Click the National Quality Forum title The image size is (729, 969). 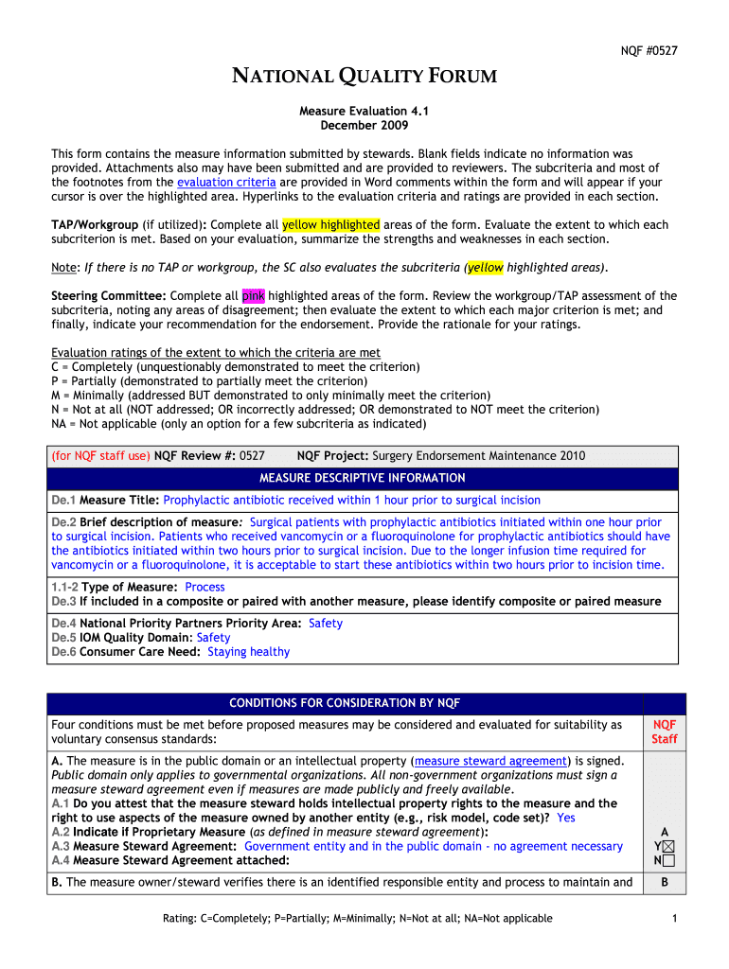(x=364, y=77)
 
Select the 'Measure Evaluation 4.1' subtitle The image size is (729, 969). (x=364, y=111)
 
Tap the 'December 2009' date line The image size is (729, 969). (x=364, y=125)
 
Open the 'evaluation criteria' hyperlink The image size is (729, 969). (x=226, y=182)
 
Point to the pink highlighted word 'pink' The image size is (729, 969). (x=253, y=296)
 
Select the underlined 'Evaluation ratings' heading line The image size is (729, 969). (x=215, y=353)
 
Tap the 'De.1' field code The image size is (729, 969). (x=63, y=500)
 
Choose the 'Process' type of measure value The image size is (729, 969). (x=204, y=587)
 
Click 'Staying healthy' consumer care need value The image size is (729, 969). (x=248, y=652)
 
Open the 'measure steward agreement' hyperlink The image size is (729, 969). (x=491, y=761)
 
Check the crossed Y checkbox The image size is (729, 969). (x=668, y=847)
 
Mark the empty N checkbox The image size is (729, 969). (x=668, y=861)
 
